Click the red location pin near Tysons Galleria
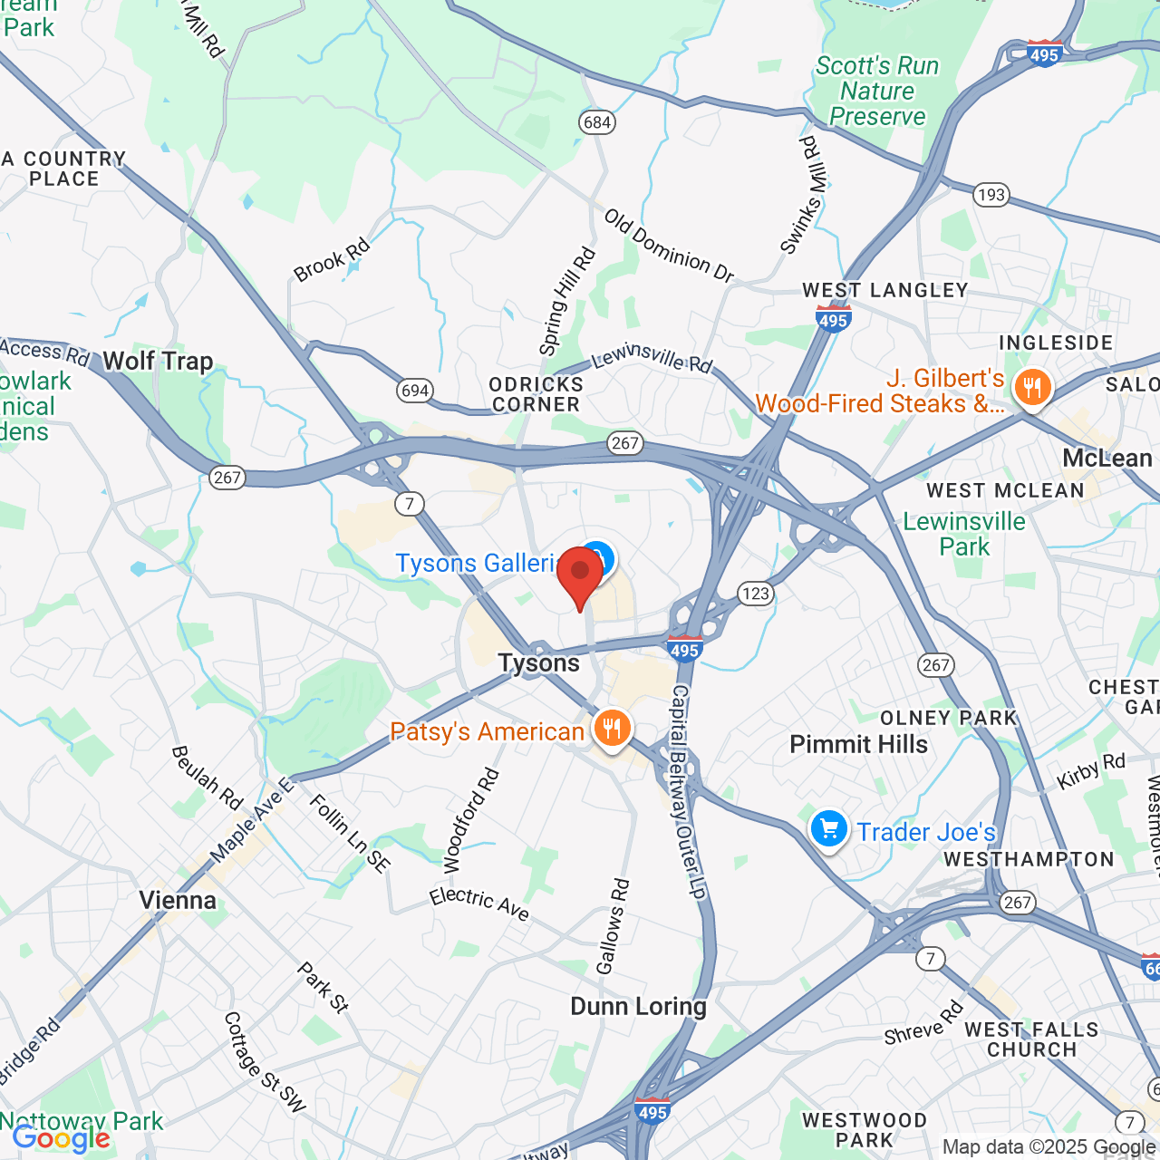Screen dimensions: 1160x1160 [x=580, y=575]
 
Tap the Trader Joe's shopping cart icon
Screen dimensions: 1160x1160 [x=828, y=829]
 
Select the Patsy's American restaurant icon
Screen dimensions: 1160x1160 [x=612, y=728]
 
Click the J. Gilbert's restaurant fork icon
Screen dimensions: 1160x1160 [x=1031, y=389]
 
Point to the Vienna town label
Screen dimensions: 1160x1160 [x=178, y=900]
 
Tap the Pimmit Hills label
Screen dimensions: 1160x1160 [x=858, y=744]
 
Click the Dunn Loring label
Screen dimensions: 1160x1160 [x=638, y=1006]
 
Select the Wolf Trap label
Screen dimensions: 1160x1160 [x=158, y=361]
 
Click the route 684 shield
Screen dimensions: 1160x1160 [x=597, y=122]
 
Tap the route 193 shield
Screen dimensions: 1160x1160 [x=991, y=195]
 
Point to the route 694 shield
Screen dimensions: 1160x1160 [x=414, y=391]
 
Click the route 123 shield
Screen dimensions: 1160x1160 [x=755, y=594]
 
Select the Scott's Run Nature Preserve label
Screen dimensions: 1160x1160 [x=876, y=91]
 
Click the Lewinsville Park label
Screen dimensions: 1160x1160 [x=964, y=534]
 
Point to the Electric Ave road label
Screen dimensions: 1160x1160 [x=479, y=903]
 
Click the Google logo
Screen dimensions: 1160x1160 [x=62, y=1138]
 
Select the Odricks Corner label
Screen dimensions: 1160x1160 [x=536, y=394]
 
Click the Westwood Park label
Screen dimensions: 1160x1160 [x=865, y=1130]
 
